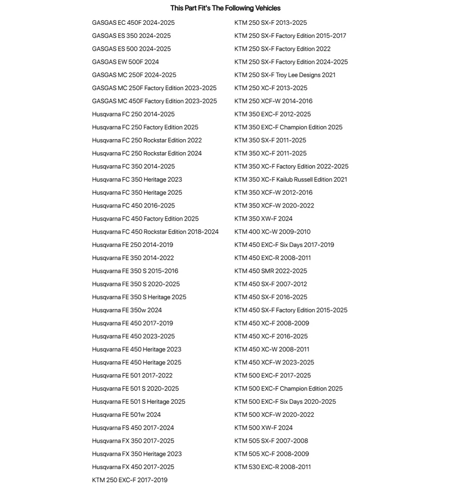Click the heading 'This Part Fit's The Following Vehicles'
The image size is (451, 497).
225,8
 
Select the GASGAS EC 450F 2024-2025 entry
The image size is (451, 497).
133,23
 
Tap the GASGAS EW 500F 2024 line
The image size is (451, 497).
125,62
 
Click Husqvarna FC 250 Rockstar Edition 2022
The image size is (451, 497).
147,140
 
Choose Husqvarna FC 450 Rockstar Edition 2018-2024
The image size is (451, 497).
155,232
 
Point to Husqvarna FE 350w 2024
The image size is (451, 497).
127,310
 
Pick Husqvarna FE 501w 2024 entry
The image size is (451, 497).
126,415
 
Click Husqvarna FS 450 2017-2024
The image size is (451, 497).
133,428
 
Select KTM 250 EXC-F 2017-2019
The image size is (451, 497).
129,480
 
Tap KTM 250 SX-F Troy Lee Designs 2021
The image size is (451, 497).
285,75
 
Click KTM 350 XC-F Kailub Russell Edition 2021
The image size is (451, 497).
290,180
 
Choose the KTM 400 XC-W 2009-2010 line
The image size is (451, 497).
272,232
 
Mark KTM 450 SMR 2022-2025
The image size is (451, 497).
270,271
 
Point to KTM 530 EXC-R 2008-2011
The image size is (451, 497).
272,467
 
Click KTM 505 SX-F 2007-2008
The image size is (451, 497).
271,441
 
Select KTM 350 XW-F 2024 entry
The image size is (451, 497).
263,219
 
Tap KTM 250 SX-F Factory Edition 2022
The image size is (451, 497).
282,49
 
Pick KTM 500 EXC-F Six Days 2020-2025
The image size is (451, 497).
285,402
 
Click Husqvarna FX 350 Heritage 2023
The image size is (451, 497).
137,454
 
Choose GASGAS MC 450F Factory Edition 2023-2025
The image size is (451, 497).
154,101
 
